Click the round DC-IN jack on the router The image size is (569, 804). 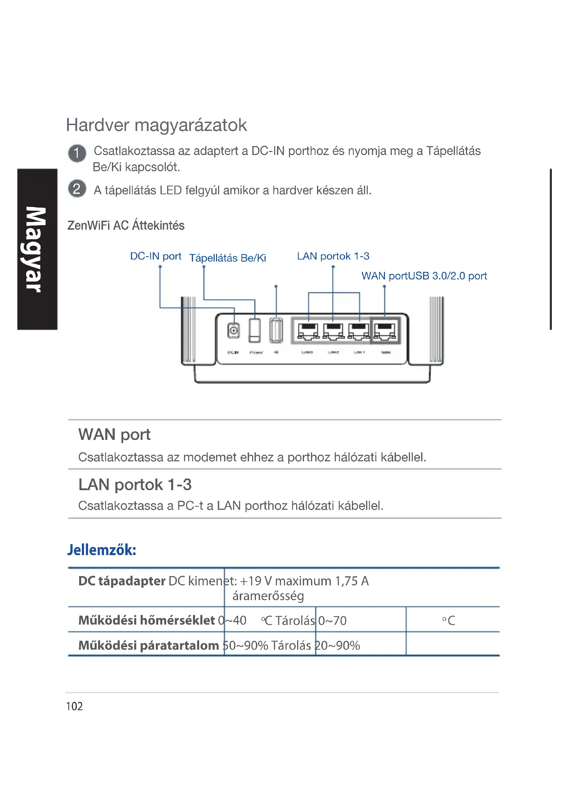[x=233, y=330]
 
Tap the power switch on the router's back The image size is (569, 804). [x=255, y=330]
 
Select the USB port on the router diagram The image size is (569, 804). [x=276, y=330]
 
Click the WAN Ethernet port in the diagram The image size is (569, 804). [x=385, y=331]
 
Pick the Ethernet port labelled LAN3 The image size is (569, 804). [x=308, y=331]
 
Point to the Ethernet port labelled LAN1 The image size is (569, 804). [x=358, y=331]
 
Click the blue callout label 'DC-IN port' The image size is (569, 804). [x=155, y=256]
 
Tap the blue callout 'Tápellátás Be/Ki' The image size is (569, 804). [x=227, y=258]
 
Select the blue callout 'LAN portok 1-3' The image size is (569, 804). [x=333, y=256]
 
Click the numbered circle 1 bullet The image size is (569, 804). [x=77, y=153]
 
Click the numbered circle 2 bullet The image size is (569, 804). [x=77, y=189]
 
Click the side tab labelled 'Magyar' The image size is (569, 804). [x=37, y=249]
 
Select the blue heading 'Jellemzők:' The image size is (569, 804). [x=101, y=550]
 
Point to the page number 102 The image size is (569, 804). [x=74, y=706]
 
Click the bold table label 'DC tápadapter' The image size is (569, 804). [x=121, y=581]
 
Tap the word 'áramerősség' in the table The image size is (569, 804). [x=268, y=596]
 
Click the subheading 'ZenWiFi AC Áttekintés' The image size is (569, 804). [x=126, y=225]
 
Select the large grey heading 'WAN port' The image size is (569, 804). [x=114, y=434]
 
